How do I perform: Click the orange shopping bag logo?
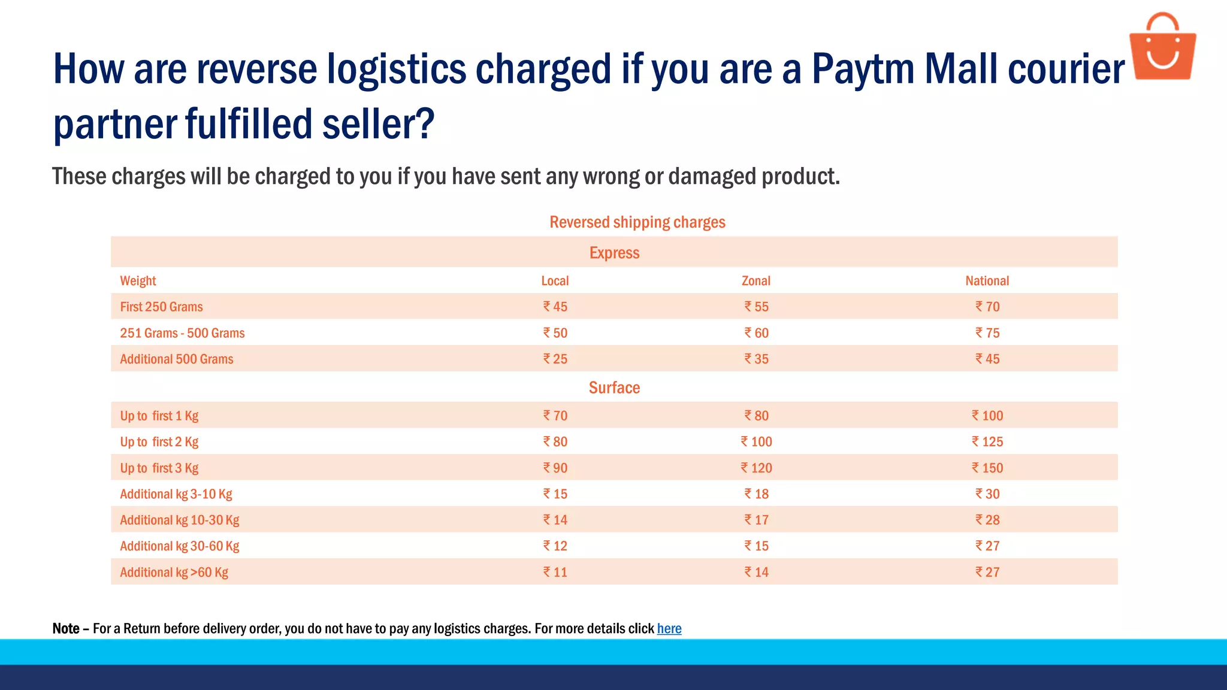tap(1162, 48)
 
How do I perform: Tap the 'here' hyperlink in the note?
tap(669, 628)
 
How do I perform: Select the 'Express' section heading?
tap(614, 253)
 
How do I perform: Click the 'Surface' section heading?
tap(614, 388)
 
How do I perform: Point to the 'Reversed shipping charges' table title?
tap(637, 222)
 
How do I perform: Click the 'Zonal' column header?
tap(756, 281)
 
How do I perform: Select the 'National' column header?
tap(987, 281)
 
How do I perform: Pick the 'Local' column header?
tap(555, 281)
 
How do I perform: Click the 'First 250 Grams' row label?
tap(161, 307)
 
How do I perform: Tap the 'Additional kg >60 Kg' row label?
tap(174, 572)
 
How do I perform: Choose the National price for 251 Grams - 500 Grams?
tap(987, 333)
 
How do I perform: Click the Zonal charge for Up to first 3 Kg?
tap(756, 468)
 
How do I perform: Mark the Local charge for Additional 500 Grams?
tap(555, 359)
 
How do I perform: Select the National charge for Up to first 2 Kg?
tap(987, 441)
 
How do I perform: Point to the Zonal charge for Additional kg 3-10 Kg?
tap(757, 494)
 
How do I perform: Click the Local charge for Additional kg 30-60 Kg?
tap(555, 546)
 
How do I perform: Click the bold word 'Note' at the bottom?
tap(66, 628)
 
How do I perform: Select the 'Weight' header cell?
tap(138, 281)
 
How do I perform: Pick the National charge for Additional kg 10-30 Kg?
tap(987, 520)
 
